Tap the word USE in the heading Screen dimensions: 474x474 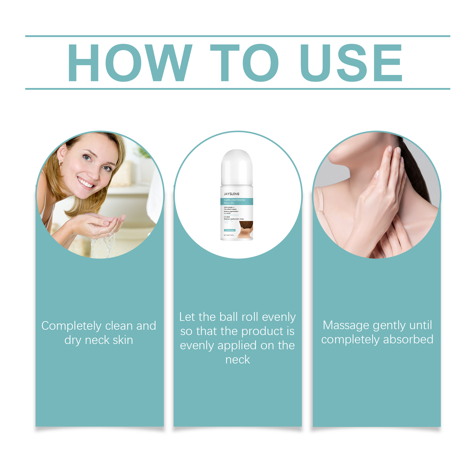pos(351,63)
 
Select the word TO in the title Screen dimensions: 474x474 pos(244,63)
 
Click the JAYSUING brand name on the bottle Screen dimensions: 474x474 pos(231,194)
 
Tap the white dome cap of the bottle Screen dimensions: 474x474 pos(237,166)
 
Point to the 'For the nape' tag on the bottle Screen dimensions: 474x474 pos(229,230)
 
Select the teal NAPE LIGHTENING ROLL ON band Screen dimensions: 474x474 pos(236,201)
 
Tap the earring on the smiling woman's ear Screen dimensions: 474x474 pos(60,163)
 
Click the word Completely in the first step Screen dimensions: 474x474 pos(71,326)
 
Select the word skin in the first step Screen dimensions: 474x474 pos(122,340)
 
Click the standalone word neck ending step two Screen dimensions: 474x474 pos(238,360)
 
